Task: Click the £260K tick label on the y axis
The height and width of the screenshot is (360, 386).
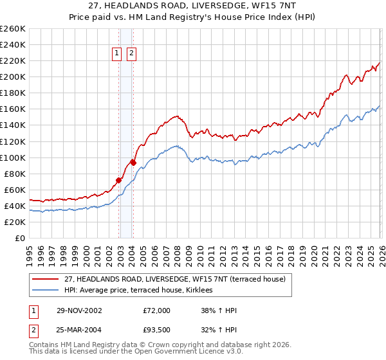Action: [x=12, y=29]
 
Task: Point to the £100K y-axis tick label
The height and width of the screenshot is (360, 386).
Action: [x=12, y=157]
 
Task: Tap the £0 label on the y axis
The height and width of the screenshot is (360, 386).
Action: [x=20, y=238]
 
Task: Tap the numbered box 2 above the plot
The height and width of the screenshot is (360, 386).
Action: [x=131, y=54]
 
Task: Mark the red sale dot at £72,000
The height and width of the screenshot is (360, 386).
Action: [x=119, y=180]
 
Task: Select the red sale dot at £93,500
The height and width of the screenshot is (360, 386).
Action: [x=133, y=163]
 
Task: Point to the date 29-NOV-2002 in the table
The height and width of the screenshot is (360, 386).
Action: [x=79, y=310]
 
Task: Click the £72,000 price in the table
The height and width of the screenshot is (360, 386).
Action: [x=156, y=310]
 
